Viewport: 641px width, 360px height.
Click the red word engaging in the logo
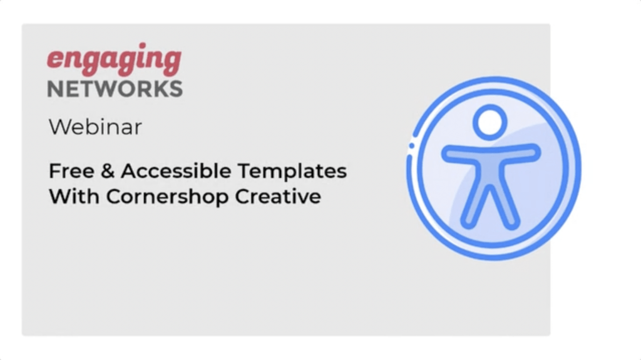[114, 61]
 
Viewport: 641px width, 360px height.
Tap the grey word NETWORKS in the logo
[115, 88]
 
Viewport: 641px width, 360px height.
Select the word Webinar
[95, 127]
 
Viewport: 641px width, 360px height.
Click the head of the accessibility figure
[490, 121]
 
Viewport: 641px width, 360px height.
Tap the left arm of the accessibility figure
[459, 153]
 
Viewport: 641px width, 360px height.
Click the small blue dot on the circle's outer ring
[412, 146]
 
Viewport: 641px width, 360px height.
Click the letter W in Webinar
[58, 127]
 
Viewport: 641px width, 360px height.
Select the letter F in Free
[54, 170]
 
